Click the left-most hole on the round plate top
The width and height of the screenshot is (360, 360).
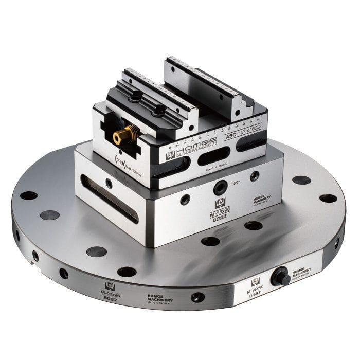coord(29,195)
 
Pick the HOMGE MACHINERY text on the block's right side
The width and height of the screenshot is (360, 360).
coord(262,199)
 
